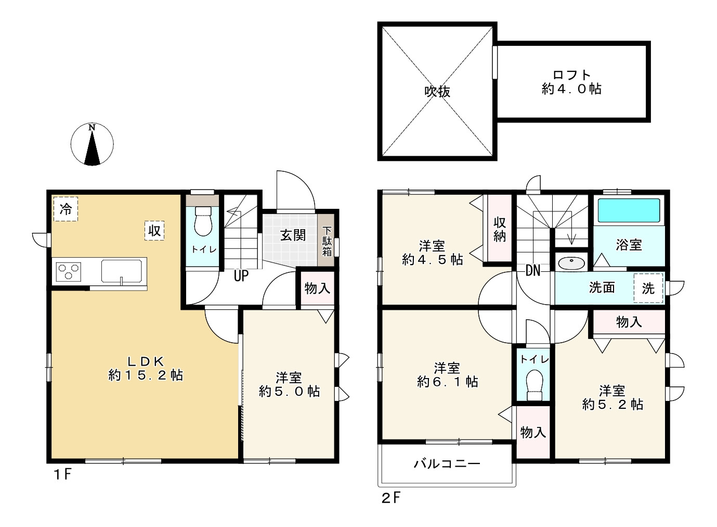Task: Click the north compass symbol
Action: coord(92,144)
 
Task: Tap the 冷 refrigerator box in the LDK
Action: coord(66,209)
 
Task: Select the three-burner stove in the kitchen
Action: coord(68,272)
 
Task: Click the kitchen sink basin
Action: coord(122,271)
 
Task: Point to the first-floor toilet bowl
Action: coord(203,221)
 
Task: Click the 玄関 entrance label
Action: coord(293,235)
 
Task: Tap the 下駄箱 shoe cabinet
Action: coord(327,240)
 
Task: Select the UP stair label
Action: coord(241,275)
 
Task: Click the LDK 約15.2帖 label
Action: coord(146,368)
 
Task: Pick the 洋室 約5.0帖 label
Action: coord(289,385)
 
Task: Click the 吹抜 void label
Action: coord(437,92)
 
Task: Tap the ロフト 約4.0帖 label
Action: coord(572,82)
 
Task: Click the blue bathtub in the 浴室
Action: coord(629,210)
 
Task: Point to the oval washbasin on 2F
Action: coord(571,263)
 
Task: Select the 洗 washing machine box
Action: coord(648,288)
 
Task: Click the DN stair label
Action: coord(533,271)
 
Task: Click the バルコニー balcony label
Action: coord(447,464)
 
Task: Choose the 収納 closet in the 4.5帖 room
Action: coord(499,229)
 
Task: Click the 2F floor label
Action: coord(391,498)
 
